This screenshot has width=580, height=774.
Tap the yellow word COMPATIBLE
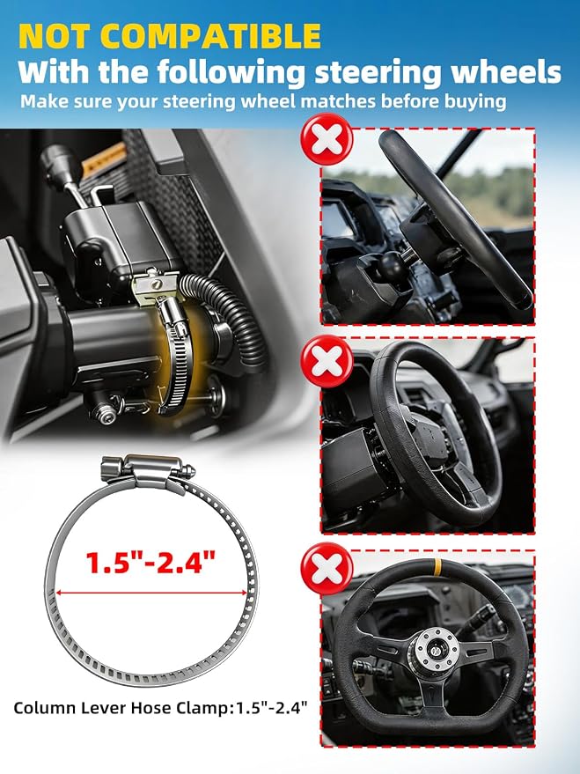coord(213,36)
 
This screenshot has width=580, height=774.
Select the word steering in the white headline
coord(378,73)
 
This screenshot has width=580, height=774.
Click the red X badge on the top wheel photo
coord(327,139)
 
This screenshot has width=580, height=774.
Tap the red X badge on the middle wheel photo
coord(327,361)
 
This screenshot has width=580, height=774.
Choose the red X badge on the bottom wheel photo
coord(327,568)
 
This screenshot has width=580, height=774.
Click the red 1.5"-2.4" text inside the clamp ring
coord(151,562)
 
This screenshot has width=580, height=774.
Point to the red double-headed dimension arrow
coord(151,593)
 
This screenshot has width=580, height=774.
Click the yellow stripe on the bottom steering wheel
coord(437,568)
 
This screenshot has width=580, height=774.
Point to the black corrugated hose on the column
coord(231,316)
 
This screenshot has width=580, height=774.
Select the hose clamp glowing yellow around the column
coord(176,356)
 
